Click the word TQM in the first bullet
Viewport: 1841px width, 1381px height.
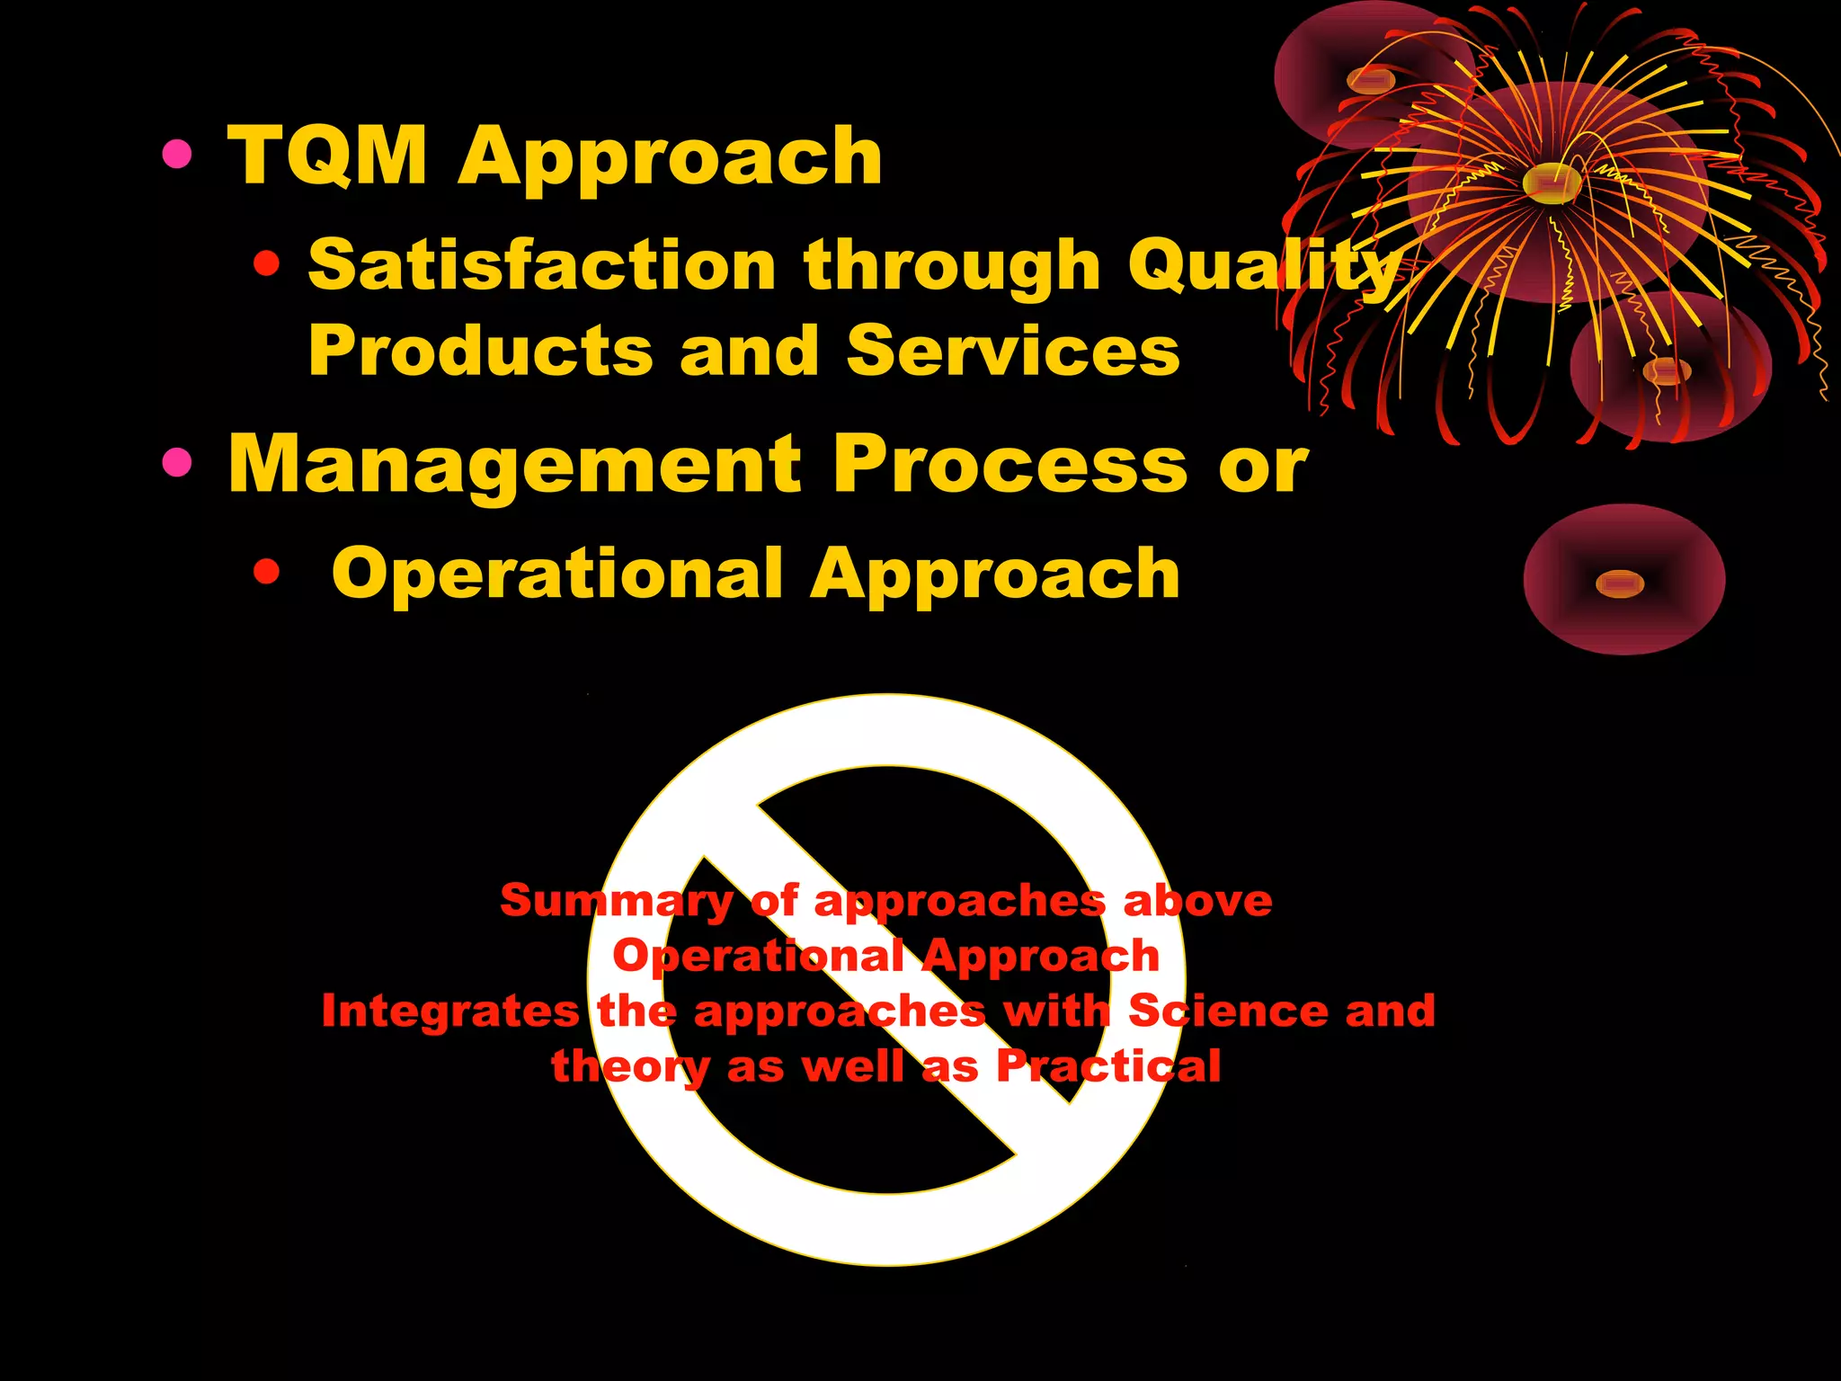327,156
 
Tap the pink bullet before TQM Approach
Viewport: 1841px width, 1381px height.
177,155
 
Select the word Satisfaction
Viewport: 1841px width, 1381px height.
542,266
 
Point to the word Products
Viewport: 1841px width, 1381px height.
480,351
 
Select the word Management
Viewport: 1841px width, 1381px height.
514,465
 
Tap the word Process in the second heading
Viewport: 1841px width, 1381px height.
1010,465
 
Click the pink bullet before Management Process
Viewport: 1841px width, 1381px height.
177,463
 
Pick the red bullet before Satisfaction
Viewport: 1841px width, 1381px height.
266,264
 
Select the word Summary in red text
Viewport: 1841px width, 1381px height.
617,901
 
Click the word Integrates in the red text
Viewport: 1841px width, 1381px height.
449,1011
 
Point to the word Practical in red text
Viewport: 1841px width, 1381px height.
1108,1066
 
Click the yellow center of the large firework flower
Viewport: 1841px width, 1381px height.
1552,183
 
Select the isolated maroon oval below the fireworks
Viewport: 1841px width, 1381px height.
1623,580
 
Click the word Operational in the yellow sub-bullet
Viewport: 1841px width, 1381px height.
557,574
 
